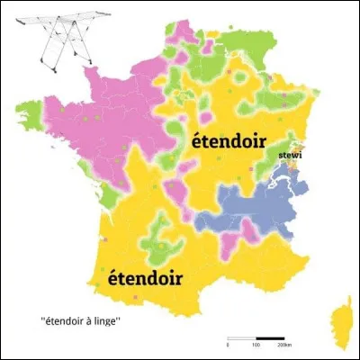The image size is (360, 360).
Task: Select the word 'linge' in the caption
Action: coord(118,320)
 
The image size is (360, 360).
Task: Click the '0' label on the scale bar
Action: coord(228,345)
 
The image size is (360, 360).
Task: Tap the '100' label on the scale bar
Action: coord(256,345)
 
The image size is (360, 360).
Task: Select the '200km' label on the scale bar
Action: coord(285,345)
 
